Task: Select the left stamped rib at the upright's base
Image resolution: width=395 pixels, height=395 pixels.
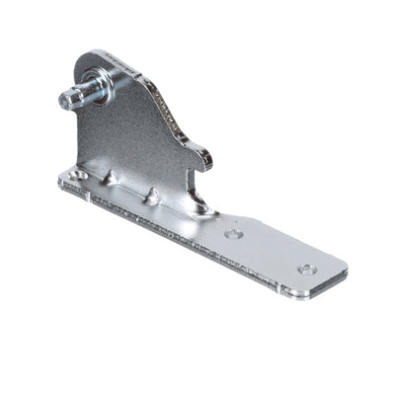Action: (111, 177)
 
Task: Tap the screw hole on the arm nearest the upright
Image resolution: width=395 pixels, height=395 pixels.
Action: (232, 234)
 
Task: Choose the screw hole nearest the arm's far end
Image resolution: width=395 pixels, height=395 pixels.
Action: (307, 268)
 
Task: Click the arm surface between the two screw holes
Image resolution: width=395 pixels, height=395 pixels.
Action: (270, 251)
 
